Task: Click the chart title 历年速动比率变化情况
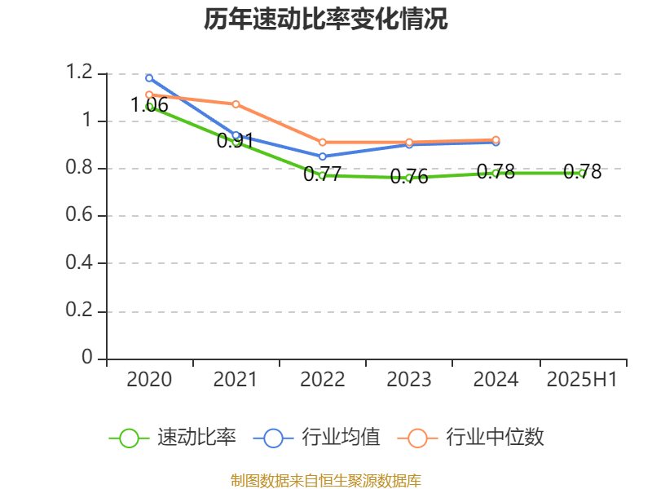[325, 20]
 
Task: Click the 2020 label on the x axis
[149, 380]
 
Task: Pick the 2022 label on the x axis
[323, 380]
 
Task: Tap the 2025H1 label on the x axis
[582, 380]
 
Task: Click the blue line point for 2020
[149, 78]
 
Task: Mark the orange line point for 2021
[236, 104]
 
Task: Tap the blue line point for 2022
[323, 156]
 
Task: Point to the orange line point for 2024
[496, 140]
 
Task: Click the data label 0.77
[323, 174]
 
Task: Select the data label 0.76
[409, 177]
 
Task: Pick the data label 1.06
[149, 105]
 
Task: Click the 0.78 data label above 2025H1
[582, 172]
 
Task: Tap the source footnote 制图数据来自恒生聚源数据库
[325, 480]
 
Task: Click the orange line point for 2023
[409, 142]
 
